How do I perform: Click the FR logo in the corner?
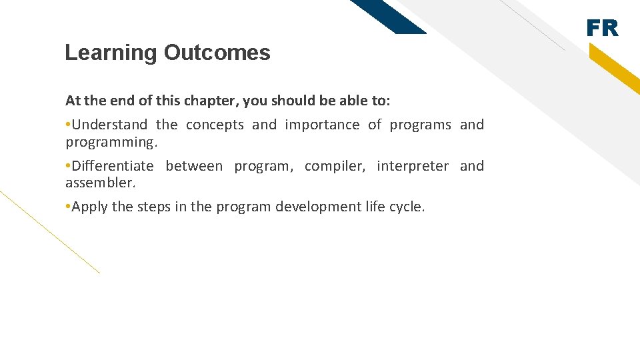click(x=602, y=28)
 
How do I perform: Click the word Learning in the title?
click(x=111, y=53)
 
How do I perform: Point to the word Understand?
click(x=109, y=125)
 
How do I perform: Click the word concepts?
click(x=215, y=125)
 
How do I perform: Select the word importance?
click(x=322, y=125)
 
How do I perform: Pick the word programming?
click(x=109, y=142)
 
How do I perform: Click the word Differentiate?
click(x=112, y=166)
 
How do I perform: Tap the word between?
click(x=194, y=166)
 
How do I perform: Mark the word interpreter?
click(x=413, y=166)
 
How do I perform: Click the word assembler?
click(x=100, y=183)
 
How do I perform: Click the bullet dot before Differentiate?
click(x=68, y=166)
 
